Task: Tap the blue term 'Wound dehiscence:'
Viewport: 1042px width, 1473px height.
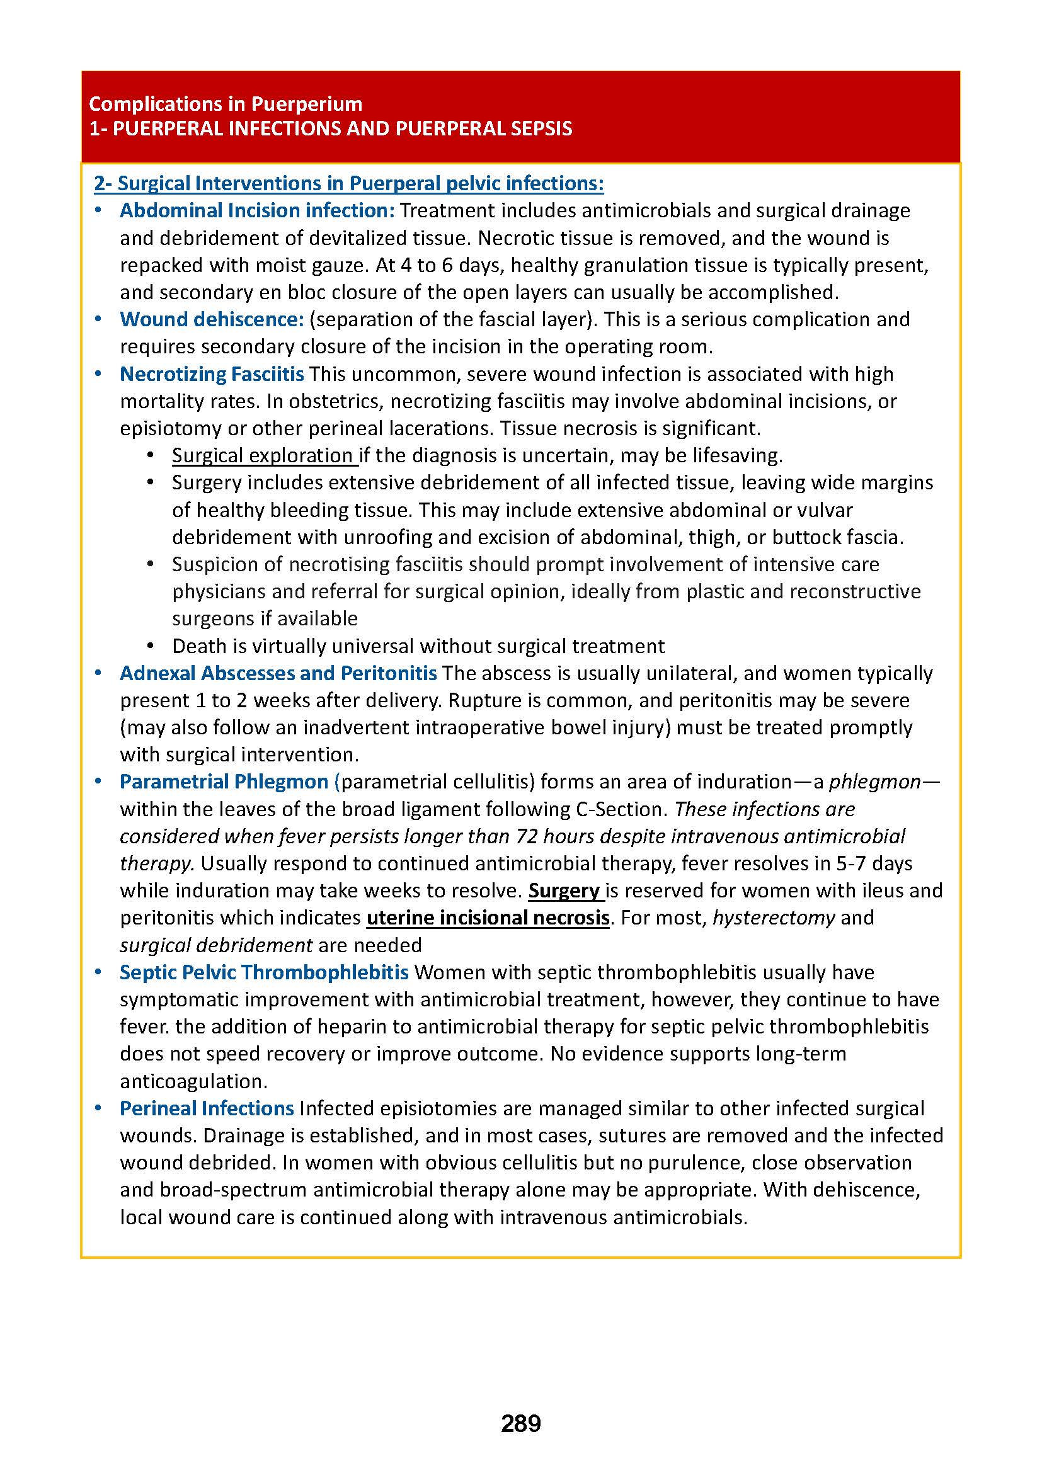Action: click(x=212, y=319)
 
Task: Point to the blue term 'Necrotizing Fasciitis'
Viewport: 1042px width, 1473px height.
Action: click(x=212, y=374)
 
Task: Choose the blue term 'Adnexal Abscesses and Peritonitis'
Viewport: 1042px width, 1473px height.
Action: click(x=278, y=673)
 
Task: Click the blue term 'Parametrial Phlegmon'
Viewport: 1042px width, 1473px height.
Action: click(x=224, y=782)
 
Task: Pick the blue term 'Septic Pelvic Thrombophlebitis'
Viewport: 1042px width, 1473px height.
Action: click(x=264, y=972)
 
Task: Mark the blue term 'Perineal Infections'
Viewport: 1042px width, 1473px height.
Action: click(x=207, y=1108)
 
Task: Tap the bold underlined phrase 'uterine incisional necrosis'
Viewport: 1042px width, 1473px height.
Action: click(x=488, y=918)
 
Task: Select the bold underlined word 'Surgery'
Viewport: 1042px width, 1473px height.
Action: click(x=564, y=890)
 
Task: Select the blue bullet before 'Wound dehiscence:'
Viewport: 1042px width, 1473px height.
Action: click(x=98, y=319)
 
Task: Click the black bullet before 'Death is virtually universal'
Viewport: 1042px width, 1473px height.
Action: click(x=151, y=646)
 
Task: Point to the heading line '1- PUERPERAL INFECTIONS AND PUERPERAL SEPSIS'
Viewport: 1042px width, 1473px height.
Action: click(x=331, y=129)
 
